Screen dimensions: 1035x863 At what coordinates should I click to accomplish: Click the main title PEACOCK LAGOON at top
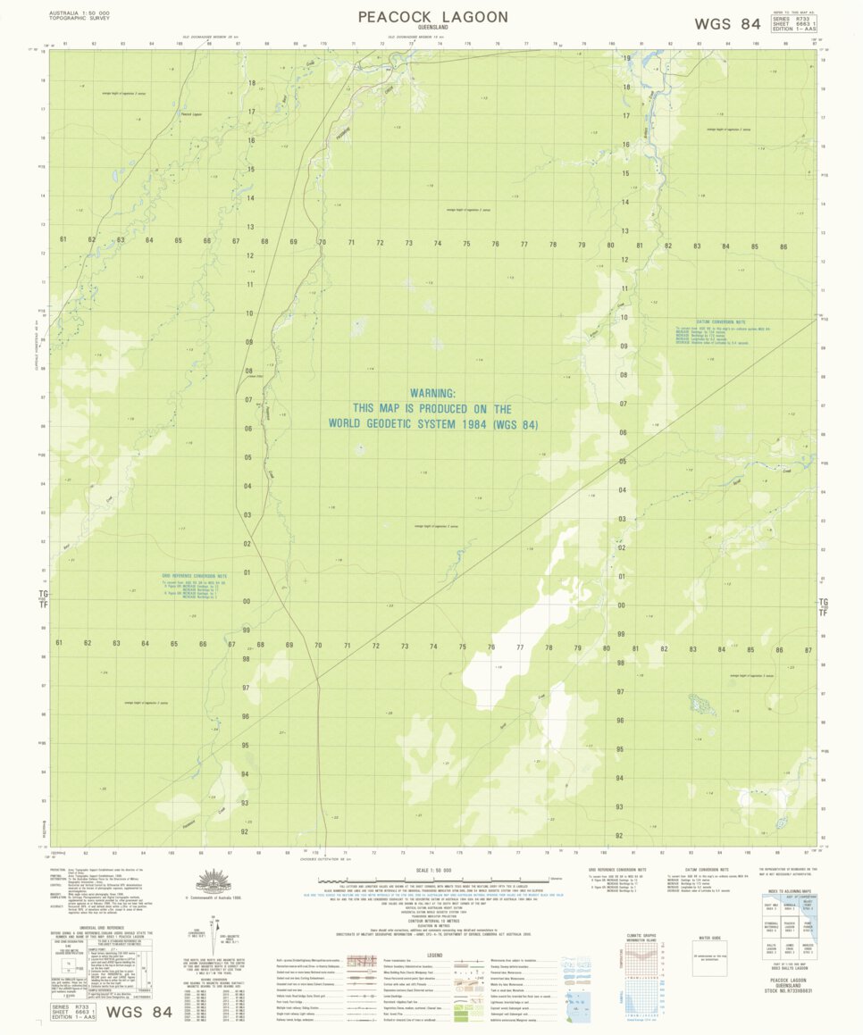click(x=433, y=17)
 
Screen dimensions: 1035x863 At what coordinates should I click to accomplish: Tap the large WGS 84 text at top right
click(x=727, y=24)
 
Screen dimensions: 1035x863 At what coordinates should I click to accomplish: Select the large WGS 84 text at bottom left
click(x=139, y=1012)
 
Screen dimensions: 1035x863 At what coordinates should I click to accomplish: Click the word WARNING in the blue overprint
click(x=432, y=393)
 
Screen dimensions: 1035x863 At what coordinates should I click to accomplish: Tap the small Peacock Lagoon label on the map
click(x=191, y=113)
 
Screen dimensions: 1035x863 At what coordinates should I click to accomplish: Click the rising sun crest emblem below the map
click(x=214, y=881)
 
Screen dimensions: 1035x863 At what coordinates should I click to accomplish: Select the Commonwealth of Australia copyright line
click(x=214, y=899)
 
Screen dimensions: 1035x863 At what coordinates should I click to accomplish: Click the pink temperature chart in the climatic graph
click(x=641, y=961)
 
